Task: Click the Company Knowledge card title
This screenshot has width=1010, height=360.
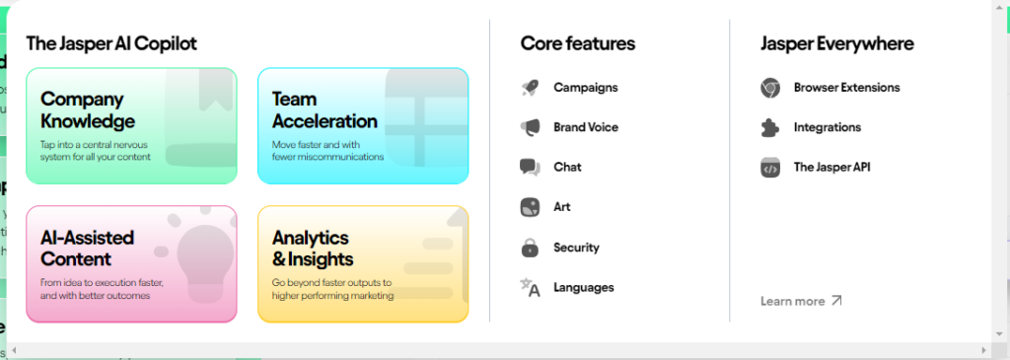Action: (88, 110)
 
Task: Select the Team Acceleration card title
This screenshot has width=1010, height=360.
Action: (325, 110)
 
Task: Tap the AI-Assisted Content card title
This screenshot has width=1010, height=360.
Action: (87, 248)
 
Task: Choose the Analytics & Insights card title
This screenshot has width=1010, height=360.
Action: (313, 248)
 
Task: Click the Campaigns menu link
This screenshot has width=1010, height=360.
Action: (586, 88)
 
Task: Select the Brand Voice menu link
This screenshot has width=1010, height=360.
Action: (586, 127)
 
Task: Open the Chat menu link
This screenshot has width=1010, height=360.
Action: (567, 168)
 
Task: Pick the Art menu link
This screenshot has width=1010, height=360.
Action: (561, 207)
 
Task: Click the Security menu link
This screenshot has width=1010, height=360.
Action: (576, 248)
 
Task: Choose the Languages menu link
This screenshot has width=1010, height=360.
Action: (584, 287)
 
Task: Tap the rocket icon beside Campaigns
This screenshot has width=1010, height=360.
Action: (530, 88)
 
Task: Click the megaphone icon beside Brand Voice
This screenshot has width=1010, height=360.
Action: (530, 127)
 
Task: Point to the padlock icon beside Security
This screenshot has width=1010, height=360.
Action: (530, 248)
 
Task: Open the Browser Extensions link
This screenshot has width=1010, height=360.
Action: (846, 88)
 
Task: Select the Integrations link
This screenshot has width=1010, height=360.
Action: (828, 127)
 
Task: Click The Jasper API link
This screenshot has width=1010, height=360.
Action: (831, 168)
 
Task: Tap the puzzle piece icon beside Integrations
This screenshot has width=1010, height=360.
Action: (769, 127)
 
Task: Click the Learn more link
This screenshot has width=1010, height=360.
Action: (801, 301)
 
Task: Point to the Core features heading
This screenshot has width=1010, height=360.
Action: (578, 43)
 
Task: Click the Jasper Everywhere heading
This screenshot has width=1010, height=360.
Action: (836, 43)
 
